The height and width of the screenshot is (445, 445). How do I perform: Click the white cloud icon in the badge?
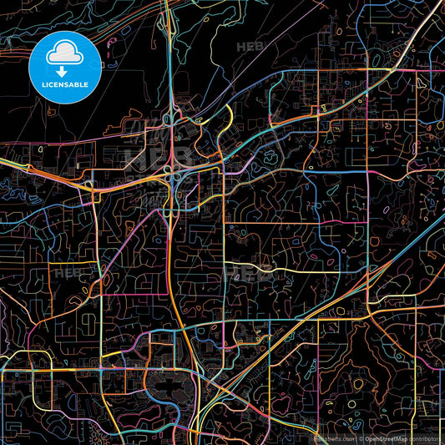pyautogui.click(x=64, y=54)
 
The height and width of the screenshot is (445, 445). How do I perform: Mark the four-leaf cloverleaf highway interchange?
pyautogui.click(x=172, y=173)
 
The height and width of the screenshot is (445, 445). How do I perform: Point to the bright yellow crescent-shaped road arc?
pyautogui.click(x=227, y=118)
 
